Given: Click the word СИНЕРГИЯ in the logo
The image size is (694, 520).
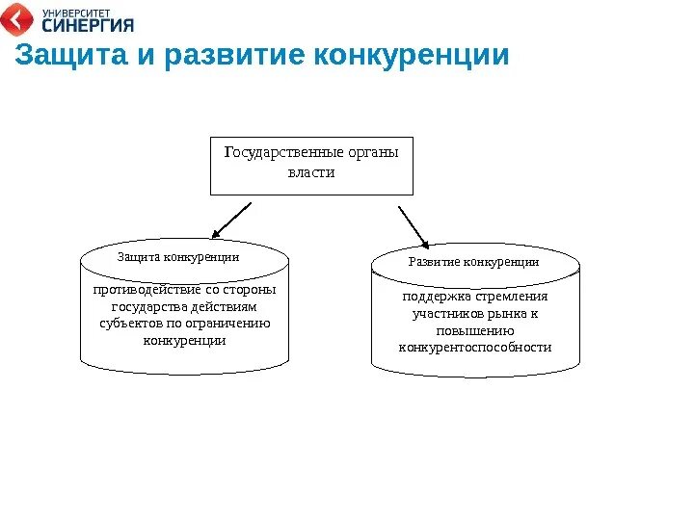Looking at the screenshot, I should point(88,25).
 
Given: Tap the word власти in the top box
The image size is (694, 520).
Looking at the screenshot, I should point(311,172).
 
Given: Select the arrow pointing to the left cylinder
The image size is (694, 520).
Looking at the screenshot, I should point(231,220).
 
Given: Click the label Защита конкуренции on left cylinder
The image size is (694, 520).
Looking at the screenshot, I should point(177,257).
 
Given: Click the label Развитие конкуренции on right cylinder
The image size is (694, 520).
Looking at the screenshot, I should point(473,261).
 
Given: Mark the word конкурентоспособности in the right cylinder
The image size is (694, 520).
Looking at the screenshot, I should point(475,347).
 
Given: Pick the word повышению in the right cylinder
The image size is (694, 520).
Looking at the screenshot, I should point(475,330).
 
